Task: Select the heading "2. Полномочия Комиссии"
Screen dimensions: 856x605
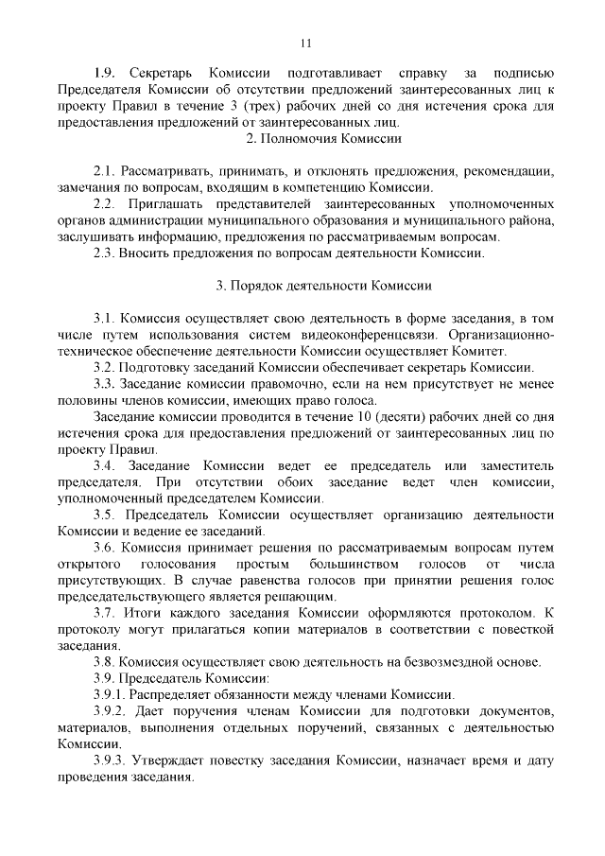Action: click(323, 139)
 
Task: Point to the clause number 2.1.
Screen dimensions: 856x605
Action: click(104, 172)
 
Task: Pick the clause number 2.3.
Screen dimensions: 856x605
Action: click(104, 253)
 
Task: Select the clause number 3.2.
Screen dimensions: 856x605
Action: click(104, 367)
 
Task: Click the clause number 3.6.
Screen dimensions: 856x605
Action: click(104, 548)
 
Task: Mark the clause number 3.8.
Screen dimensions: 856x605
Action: click(104, 661)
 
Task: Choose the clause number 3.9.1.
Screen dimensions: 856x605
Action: click(110, 694)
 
